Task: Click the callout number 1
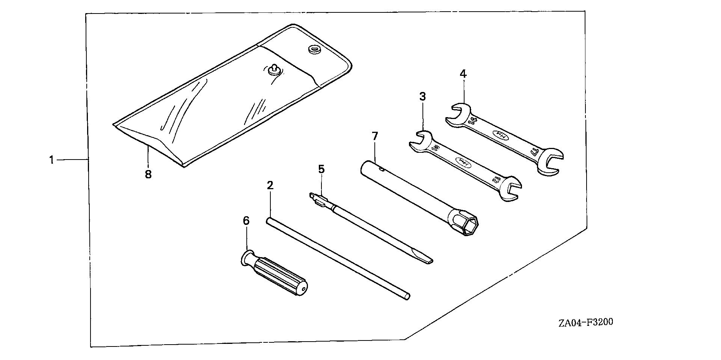51,160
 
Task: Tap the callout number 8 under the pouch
148,174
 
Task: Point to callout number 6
246,221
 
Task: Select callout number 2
270,185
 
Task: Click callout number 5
321,169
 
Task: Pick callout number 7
374,136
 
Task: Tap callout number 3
422,97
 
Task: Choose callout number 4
463,74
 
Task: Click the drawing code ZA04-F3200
585,322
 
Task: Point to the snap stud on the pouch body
275,69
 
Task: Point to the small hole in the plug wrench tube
382,169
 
